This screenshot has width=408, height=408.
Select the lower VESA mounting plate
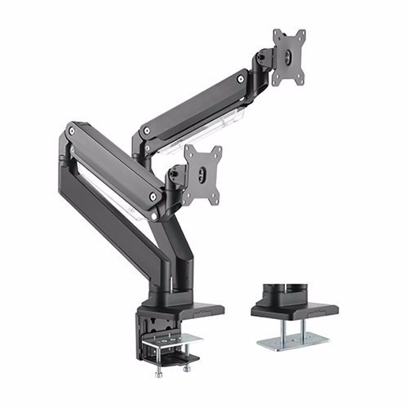pyautogui.click(x=202, y=174)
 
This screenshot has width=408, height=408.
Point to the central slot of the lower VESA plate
pyautogui.click(x=202, y=174)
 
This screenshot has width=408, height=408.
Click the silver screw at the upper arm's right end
pyautogui.click(x=241, y=79)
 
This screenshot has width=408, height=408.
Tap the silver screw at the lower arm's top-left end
pyautogui.click(x=74, y=130)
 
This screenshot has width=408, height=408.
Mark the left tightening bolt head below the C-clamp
pyautogui.click(x=160, y=372)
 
